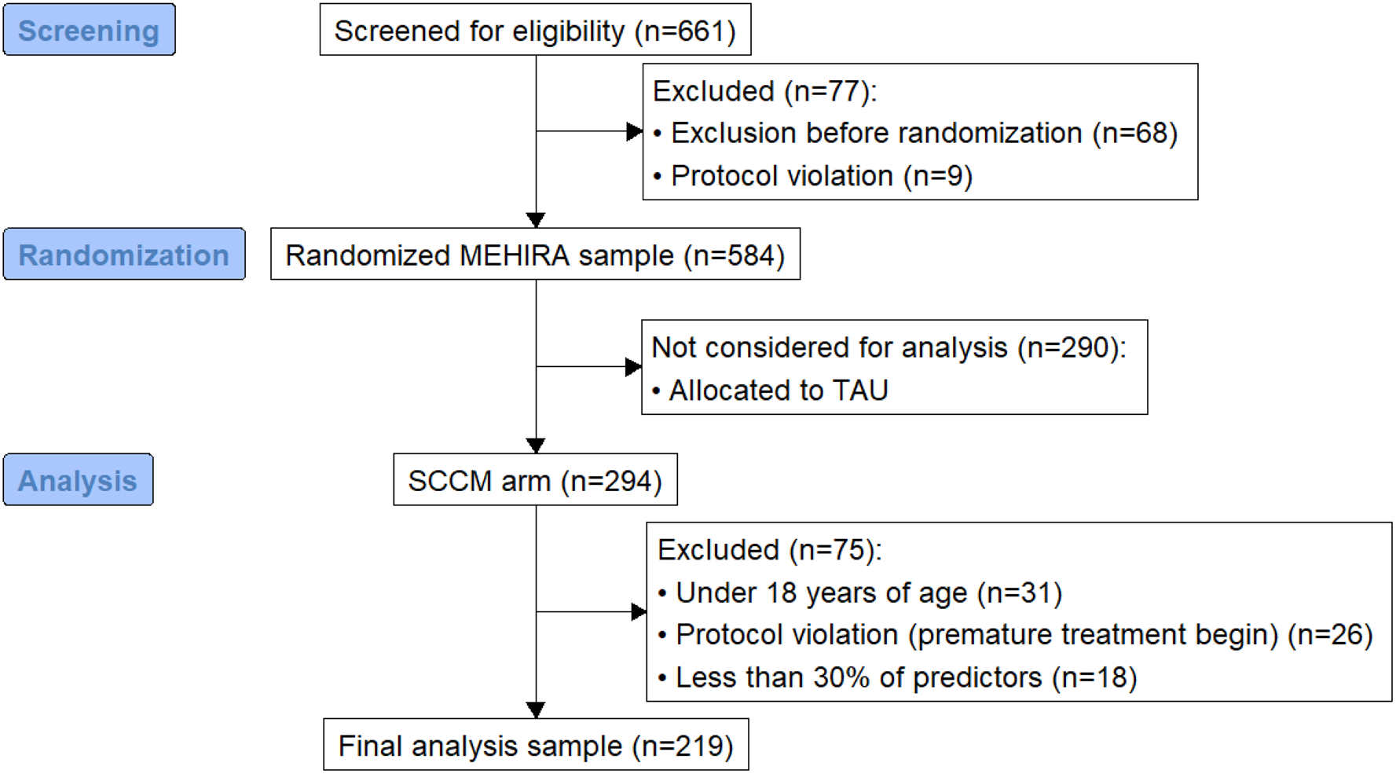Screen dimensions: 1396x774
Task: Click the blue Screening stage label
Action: coord(90,30)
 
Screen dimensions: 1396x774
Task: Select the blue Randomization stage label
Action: coord(124,255)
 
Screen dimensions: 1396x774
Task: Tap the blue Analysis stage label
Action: coord(79,479)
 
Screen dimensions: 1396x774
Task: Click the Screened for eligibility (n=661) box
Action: coord(535,30)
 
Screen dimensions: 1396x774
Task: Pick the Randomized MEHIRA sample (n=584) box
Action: coord(535,255)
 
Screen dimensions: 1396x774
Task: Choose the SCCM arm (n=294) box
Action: coord(535,479)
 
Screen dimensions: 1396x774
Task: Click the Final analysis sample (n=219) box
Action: coord(536,744)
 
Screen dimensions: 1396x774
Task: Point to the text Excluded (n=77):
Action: coord(764,91)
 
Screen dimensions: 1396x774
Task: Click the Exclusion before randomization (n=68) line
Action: coord(915,133)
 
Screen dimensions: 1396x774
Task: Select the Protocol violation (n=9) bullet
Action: coord(812,176)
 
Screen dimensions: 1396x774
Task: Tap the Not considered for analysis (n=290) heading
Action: coord(889,347)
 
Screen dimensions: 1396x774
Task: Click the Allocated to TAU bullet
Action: coord(770,390)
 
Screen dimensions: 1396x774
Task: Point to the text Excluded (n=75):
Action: coord(770,550)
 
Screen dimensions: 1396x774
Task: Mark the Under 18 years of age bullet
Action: coord(859,592)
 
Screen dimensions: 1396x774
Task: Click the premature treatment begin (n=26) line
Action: coord(1015,635)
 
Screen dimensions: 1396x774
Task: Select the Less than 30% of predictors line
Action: coord(897,677)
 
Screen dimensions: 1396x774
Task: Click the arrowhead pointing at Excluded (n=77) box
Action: coord(635,131)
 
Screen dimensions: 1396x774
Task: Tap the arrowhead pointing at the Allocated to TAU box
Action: coord(633,366)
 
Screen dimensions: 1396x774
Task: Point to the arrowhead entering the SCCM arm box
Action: coord(536,446)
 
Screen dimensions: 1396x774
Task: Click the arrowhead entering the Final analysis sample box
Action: coord(536,710)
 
